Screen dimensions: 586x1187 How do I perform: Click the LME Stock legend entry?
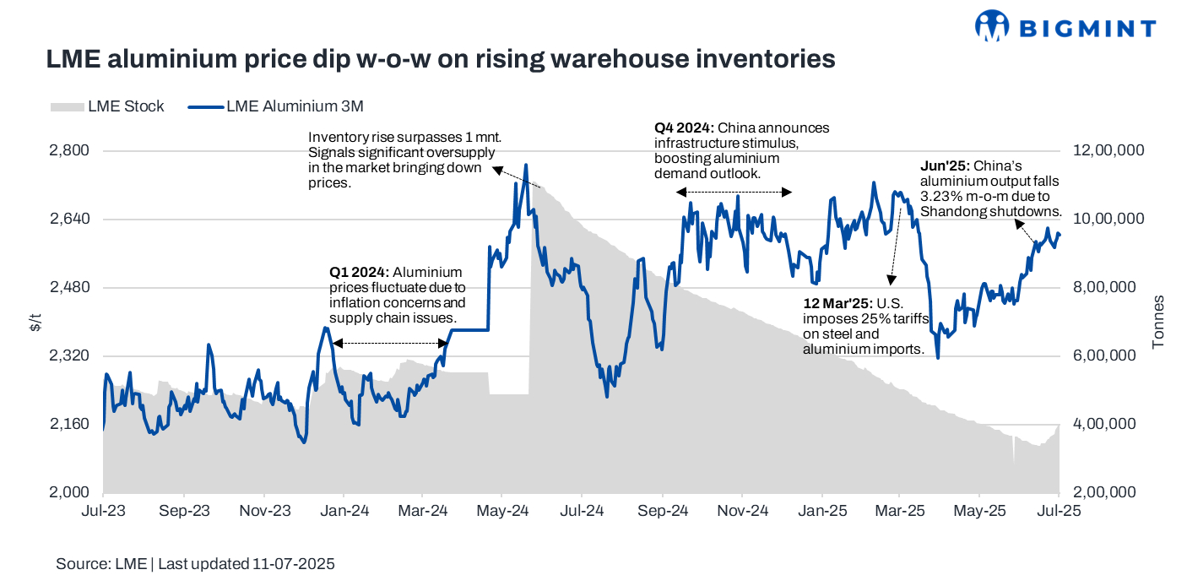(107, 106)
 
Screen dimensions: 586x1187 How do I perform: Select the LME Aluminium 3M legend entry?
(274, 106)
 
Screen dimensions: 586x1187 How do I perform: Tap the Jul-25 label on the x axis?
(1059, 511)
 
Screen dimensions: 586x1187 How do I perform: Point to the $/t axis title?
(35, 322)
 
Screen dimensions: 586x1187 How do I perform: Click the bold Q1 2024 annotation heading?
(359, 273)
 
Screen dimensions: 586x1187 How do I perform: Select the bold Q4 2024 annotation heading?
(684, 128)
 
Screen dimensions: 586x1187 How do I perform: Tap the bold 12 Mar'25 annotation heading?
(838, 303)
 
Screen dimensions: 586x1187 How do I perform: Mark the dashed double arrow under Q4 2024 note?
(734, 193)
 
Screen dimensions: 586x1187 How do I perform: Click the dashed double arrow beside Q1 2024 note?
(390, 343)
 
